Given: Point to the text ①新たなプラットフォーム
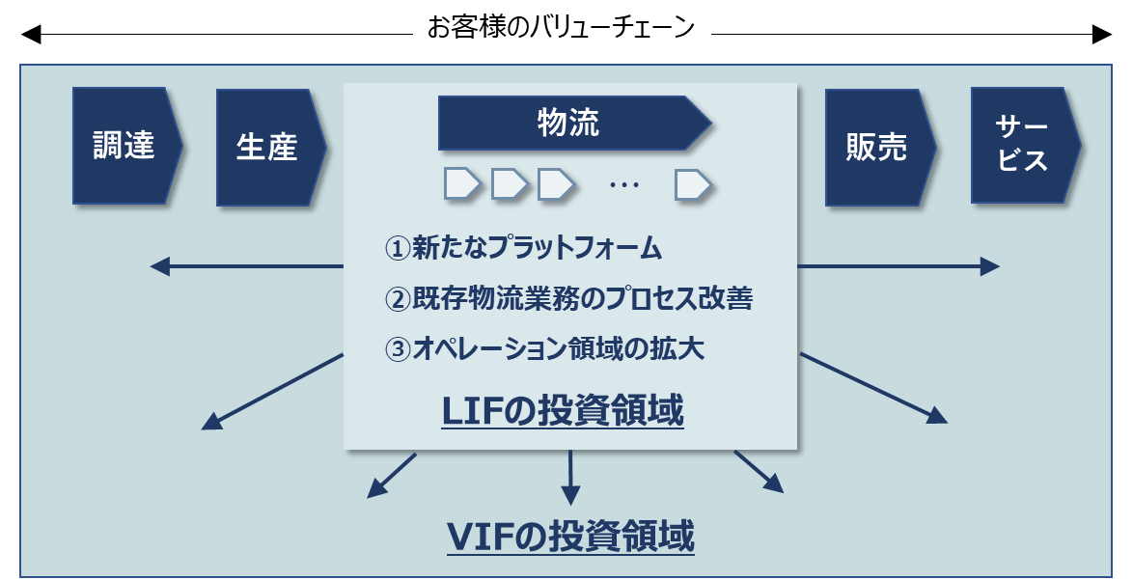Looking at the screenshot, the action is (523, 248).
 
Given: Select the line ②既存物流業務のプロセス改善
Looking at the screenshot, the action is (568, 298).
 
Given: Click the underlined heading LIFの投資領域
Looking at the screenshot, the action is (563, 412).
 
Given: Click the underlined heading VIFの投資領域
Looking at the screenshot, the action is (570, 537).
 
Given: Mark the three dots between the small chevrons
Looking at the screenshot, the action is (624, 185).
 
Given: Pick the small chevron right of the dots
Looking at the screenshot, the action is (693, 184).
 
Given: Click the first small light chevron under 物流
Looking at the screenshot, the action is (462, 183).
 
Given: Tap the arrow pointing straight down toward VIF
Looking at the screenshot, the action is (570, 478).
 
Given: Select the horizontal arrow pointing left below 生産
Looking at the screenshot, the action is (246, 266).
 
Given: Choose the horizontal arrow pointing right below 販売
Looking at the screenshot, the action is (898, 266).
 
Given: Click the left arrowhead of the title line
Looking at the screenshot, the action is (30, 34).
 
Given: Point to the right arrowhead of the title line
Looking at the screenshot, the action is (1102, 34).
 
